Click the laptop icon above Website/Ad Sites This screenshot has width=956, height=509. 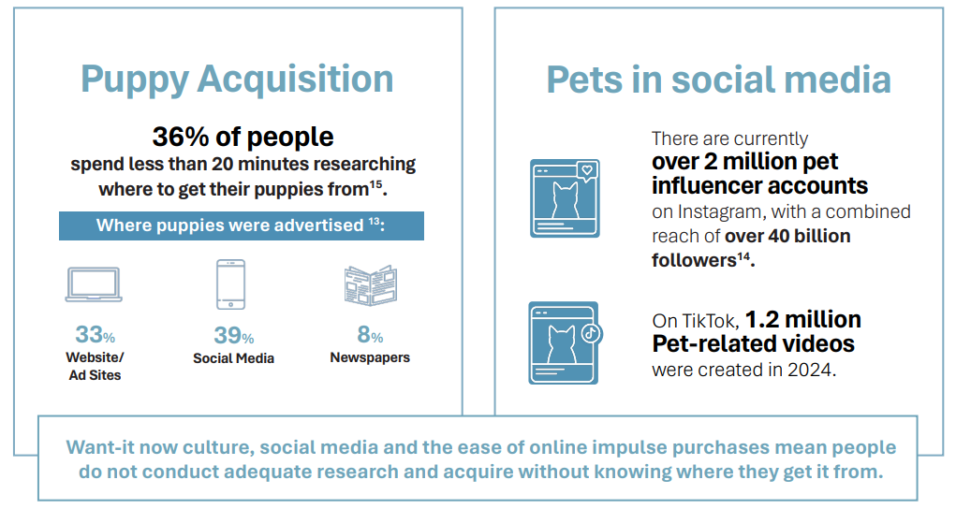click(x=94, y=284)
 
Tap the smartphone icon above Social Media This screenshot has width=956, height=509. click(x=230, y=284)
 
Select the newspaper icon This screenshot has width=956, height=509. click(x=370, y=285)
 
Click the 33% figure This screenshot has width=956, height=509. click(x=95, y=335)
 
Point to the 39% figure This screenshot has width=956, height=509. click(x=233, y=335)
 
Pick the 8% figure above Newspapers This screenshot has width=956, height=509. click(x=370, y=335)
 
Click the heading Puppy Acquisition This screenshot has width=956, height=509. click(x=237, y=79)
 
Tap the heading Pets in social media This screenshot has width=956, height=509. click(x=718, y=80)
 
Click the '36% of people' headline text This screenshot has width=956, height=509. click(x=243, y=137)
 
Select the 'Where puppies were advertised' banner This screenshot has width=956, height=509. click(x=242, y=225)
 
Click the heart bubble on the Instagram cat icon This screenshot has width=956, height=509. click(x=586, y=171)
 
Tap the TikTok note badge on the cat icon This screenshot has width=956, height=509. click(x=590, y=332)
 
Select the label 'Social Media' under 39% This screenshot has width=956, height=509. click(x=233, y=358)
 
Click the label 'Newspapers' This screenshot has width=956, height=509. click(x=370, y=357)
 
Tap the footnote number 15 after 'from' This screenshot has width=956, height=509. click(x=375, y=183)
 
